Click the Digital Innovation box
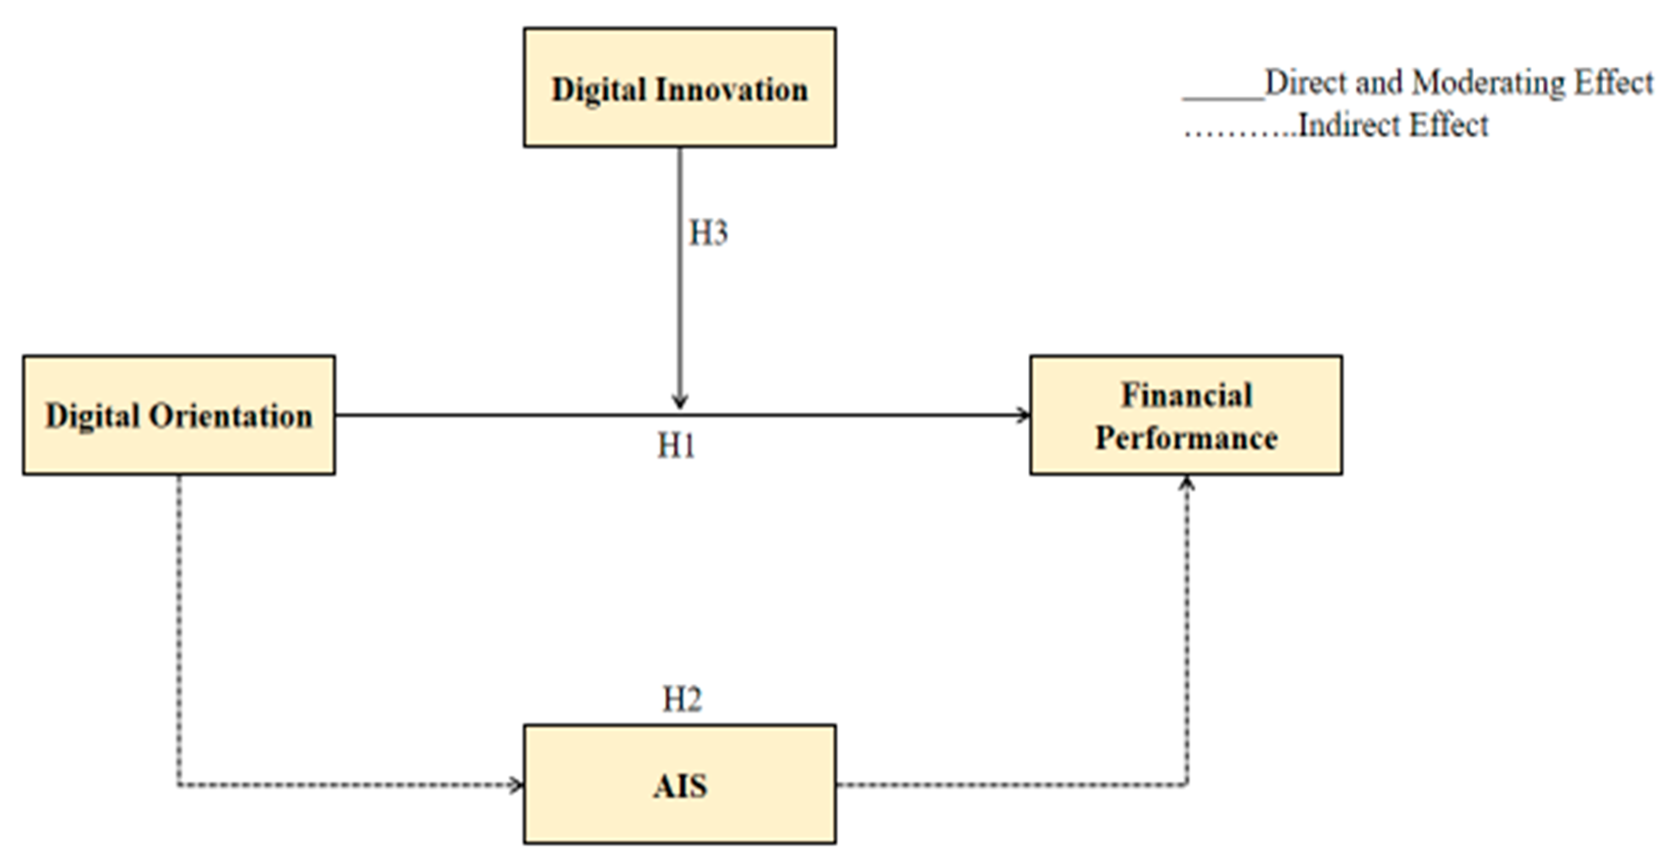pyautogui.click(x=679, y=88)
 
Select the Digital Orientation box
pyautogui.click(x=179, y=415)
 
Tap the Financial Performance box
pyautogui.click(x=1186, y=415)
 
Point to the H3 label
pyautogui.click(x=708, y=233)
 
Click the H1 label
pyautogui.click(x=676, y=446)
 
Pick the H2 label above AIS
pyautogui.click(x=682, y=699)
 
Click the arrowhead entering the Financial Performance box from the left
pyautogui.click(x=1024, y=415)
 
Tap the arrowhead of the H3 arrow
pyautogui.click(x=679, y=403)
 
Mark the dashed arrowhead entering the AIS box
pyautogui.click(x=517, y=785)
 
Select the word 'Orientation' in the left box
pyautogui.click(x=231, y=416)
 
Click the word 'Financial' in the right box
pyautogui.click(x=1186, y=395)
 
